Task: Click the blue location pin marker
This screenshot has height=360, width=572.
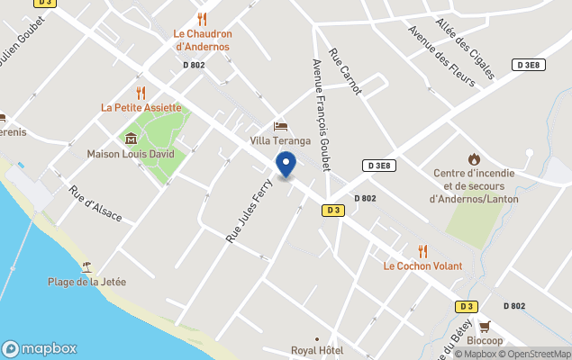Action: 286,164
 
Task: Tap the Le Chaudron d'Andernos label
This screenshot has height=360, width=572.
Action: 203,40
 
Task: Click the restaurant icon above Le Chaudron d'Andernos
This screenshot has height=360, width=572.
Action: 203,18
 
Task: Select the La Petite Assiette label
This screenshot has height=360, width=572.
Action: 141,108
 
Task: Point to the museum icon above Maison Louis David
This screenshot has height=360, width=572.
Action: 132,138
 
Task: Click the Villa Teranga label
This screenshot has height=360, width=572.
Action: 280,141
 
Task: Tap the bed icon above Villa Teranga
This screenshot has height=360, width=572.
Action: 280,126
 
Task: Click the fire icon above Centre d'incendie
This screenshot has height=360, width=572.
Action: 475,159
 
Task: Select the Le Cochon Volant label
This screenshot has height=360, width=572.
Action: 422,266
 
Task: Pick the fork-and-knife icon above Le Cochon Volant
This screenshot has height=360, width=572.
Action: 422,251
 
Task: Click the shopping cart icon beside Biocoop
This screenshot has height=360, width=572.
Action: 485,327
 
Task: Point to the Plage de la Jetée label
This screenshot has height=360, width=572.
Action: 87,282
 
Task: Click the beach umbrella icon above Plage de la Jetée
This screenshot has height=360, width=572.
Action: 86,266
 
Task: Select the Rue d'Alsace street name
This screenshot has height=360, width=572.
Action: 95,204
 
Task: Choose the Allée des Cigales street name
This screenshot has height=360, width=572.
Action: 464,49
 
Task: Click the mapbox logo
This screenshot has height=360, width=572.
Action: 40,349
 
